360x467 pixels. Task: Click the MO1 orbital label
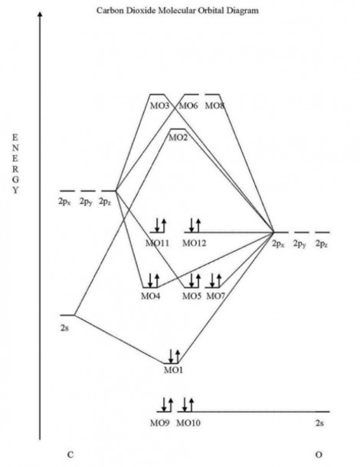173,371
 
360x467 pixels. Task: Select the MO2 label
178,138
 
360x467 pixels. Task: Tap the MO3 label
159,106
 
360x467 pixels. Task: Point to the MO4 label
150,296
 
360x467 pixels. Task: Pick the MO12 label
194,243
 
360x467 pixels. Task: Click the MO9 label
160,423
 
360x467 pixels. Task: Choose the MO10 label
188,423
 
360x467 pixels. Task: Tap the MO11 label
157,243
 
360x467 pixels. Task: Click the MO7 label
216,296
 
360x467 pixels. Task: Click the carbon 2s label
64,328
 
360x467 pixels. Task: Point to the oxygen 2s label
319,423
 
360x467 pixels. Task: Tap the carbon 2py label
86,202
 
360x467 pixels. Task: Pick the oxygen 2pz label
322,244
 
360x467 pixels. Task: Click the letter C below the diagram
70,455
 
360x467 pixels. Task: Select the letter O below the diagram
319,455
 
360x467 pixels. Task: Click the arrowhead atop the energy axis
40,15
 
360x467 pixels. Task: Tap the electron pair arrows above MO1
175,356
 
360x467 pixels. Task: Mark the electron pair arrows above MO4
154,280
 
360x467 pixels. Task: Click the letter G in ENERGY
15,179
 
